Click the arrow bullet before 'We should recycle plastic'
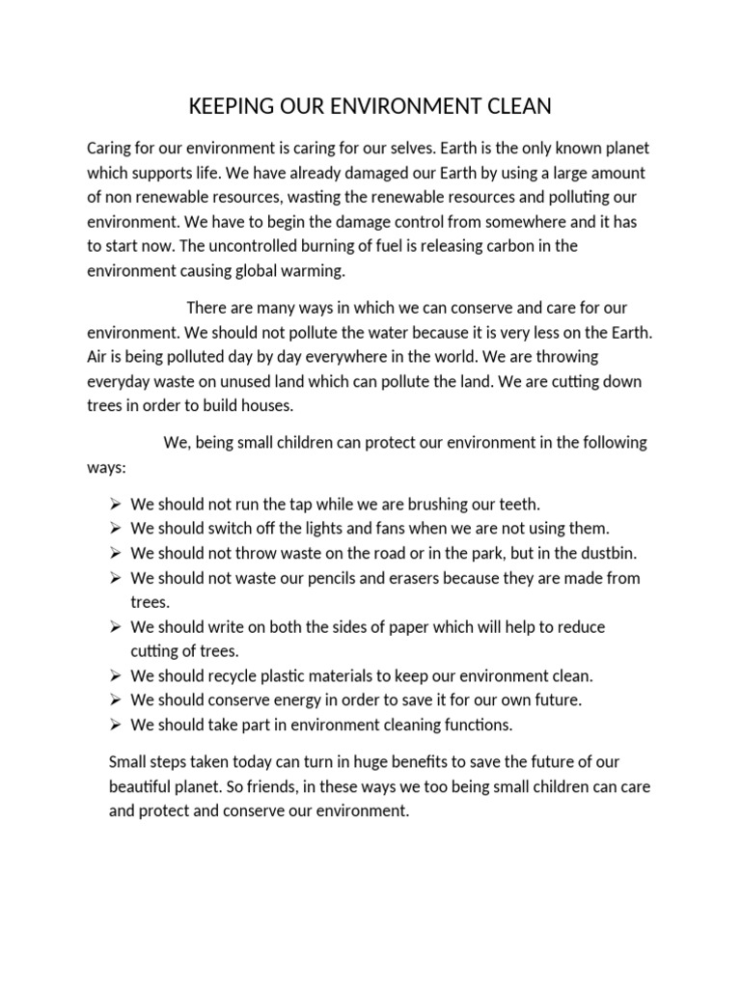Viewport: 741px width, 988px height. tap(114, 676)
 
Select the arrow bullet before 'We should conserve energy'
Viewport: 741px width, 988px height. tap(114, 700)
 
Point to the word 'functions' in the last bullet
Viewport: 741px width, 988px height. tap(478, 725)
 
